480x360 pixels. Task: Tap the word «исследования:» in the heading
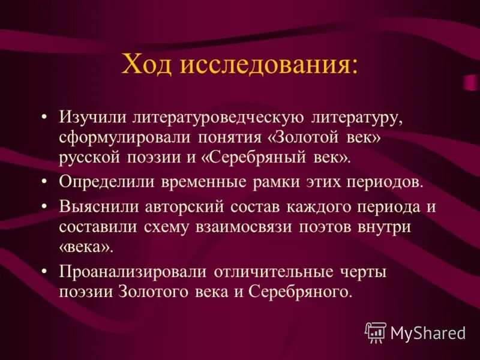pos(270,64)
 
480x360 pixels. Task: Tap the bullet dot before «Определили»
pos(46,182)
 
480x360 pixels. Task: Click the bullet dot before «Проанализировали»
pos(46,271)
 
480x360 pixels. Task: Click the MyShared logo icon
pos(376,331)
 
